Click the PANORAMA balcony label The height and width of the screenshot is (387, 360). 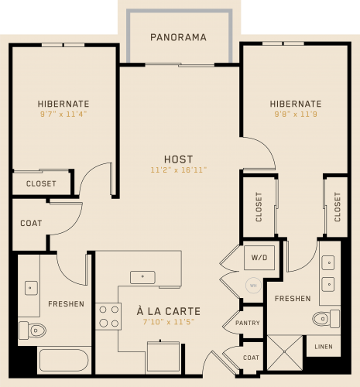pos(178,37)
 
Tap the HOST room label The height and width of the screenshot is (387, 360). pos(179,159)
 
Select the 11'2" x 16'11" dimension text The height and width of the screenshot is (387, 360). pos(179,170)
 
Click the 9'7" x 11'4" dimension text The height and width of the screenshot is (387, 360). pos(63,114)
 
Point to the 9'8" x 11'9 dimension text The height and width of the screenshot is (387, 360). pos(296,114)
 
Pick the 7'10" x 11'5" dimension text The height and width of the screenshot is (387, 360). pos(169,322)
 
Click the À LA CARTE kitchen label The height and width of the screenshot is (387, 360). pos(169,311)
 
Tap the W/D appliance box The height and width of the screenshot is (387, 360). pos(259,258)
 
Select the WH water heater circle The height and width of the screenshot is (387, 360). pos(253,286)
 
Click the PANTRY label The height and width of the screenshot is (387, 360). pos(248,323)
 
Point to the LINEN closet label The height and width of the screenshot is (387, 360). pos(324,347)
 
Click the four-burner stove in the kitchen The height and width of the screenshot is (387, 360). pos(108,317)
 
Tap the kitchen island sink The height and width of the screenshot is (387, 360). pos(142,277)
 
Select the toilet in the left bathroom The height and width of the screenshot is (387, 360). pos(33,330)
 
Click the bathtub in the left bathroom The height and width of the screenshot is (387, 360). pos(64,360)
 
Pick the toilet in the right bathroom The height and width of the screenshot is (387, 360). pos(326,319)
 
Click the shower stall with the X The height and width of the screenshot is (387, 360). pos(285,352)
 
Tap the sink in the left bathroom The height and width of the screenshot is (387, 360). pos(31,288)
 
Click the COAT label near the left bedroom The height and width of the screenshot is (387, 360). pos(31,223)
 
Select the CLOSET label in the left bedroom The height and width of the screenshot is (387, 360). pos(41,183)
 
